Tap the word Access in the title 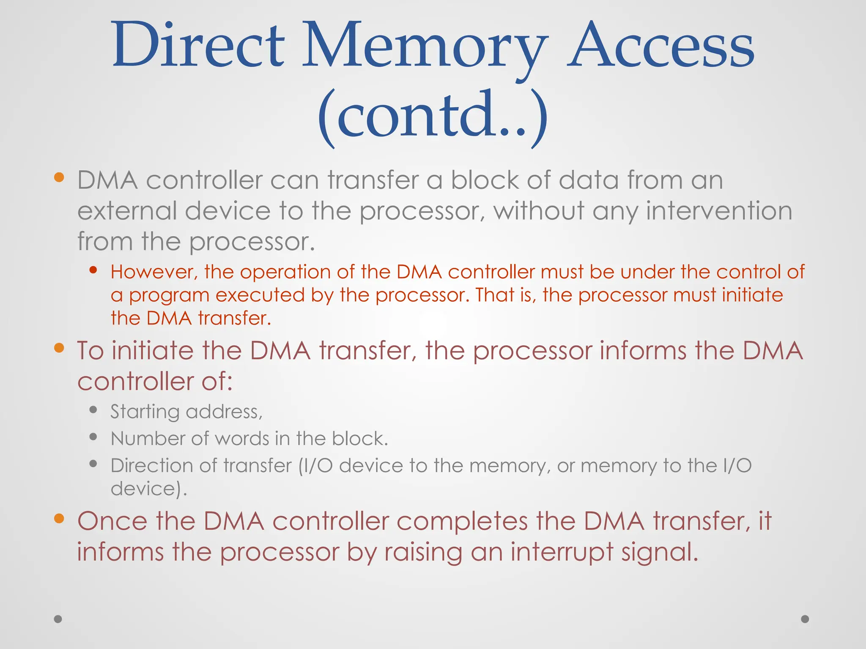pos(660,46)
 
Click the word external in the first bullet pos(127,211)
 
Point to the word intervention pos(719,211)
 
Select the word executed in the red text pos(260,295)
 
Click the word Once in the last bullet pos(112,521)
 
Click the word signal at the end pos(660,552)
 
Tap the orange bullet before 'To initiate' pos(59,348)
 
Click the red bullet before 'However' pos(93,270)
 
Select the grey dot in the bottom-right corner pos(805,619)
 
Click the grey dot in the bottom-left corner pos(58,619)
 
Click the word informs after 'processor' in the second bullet pos(643,351)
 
